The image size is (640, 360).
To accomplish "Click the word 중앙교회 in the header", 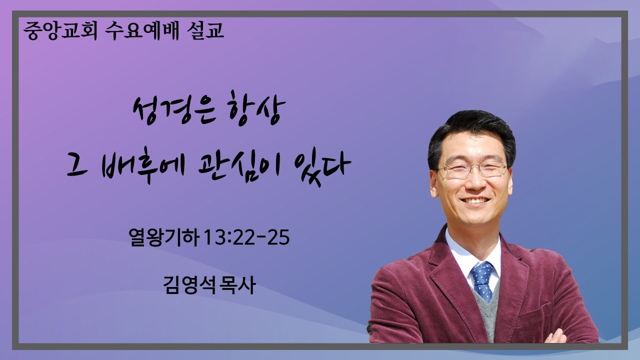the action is tap(60, 30).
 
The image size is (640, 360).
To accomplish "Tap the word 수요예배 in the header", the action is tap(142, 30).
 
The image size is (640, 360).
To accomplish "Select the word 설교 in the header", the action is tap(205, 30).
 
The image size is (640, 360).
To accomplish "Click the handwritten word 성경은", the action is tap(174, 110).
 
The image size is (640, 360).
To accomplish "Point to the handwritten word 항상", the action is tap(257, 108).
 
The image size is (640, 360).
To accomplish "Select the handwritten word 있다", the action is tap(322, 167).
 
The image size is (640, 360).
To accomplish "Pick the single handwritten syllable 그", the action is tap(77, 168).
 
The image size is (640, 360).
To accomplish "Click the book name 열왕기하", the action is tap(164, 237).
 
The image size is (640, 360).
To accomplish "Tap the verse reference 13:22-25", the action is tap(247, 237).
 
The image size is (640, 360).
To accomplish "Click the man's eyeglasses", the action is tap(473, 169).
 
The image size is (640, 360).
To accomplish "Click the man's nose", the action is tap(474, 182).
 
